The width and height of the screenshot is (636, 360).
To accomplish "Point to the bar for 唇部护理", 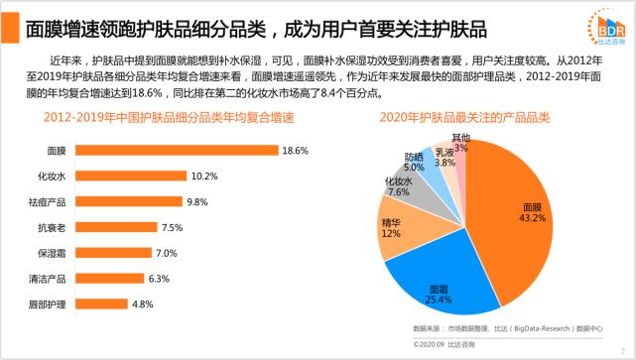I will (x=101, y=303).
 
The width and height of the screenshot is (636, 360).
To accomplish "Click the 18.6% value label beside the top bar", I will (x=296, y=151).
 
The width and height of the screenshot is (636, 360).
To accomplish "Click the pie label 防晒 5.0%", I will (x=414, y=163).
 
